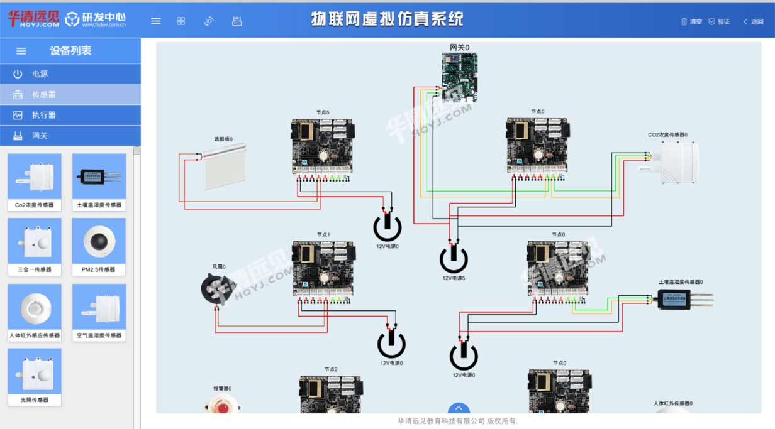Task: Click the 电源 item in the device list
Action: [x=40, y=74]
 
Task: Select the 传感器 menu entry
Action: [x=43, y=95]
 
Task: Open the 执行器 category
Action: [x=43, y=116]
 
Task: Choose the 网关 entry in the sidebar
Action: [x=40, y=136]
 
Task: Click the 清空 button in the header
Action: [x=691, y=21]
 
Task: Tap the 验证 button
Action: [x=719, y=21]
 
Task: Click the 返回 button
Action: [x=753, y=21]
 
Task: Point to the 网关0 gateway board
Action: [x=459, y=77]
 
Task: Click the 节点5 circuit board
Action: [x=321, y=146]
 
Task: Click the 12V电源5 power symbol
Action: [x=454, y=258]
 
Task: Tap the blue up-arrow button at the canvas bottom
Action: [x=459, y=409]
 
